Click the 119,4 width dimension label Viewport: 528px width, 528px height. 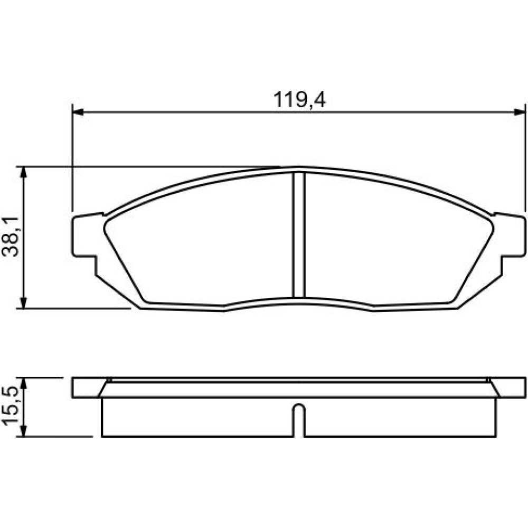(x=299, y=100)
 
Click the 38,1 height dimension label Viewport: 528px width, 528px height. (x=11, y=237)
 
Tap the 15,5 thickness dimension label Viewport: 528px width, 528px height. (x=11, y=408)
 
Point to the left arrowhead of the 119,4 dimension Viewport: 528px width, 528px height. (x=78, y=112)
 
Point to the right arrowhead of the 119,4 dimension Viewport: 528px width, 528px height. (x=519, y=112)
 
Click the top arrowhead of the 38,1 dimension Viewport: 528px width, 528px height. (x=23, y=172)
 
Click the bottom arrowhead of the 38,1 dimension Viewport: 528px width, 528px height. (x=23, y=302)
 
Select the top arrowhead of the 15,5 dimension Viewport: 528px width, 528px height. (x=23, y=383)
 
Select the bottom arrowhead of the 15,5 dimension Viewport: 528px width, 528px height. (x=23, y=431)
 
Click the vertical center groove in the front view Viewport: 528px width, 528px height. (x=299, y=235)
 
